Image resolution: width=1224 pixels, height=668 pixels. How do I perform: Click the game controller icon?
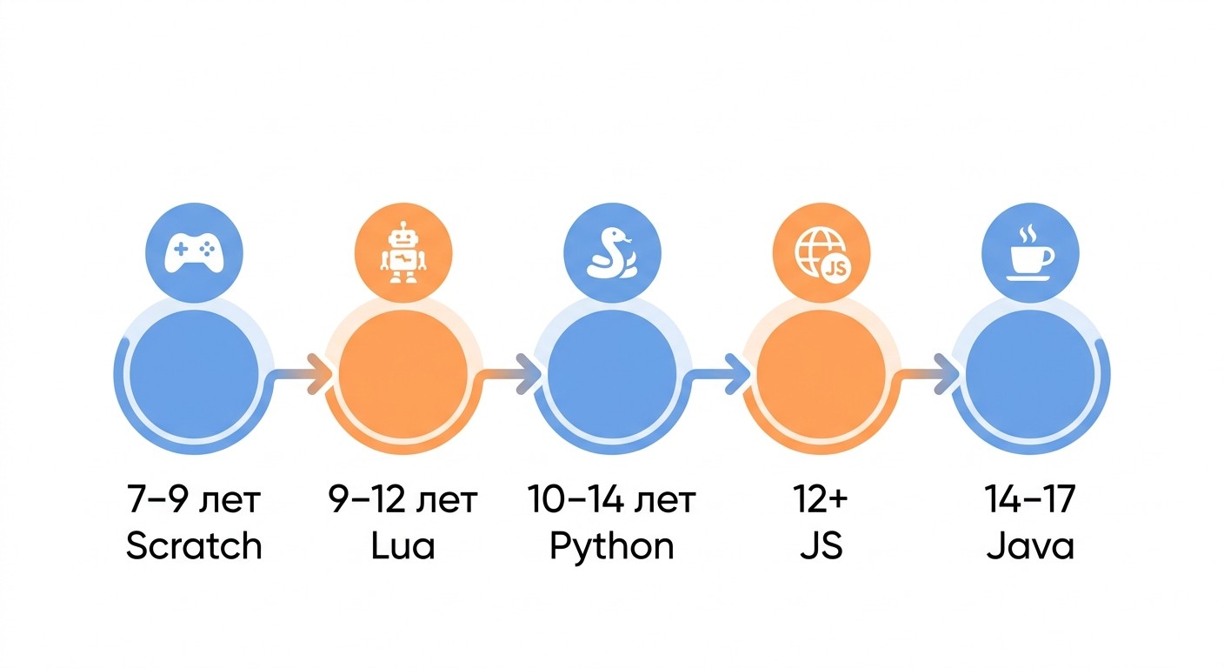pos(194,253)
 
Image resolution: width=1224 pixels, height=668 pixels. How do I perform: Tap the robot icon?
pos(403,252)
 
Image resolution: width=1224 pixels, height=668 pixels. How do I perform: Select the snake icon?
pos(611,252)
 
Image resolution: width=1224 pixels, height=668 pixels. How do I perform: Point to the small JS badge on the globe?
pos(835,269)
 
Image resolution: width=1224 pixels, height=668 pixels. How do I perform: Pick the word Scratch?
pos(194,545)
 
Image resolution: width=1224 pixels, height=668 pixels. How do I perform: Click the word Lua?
pos(403,545)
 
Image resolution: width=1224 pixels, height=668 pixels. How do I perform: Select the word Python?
pos(611,546)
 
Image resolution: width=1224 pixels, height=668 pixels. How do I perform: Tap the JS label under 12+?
pos(822,545)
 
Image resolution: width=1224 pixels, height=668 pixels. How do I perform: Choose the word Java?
pos(1030,545)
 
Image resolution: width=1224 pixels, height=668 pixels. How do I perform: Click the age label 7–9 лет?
pos(194,499)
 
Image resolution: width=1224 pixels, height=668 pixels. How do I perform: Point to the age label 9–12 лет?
pos(403,499)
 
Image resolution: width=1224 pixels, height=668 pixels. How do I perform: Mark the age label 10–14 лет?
pos(611,499)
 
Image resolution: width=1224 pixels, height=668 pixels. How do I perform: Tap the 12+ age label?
pos(822,499)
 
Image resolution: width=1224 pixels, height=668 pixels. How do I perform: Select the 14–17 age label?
pos(1030,499)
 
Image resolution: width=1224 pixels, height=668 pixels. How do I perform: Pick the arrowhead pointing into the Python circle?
pos(529,374)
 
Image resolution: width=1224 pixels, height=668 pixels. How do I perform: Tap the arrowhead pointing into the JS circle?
pos(738,374)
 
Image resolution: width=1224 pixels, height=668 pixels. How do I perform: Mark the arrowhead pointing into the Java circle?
pos(947,374)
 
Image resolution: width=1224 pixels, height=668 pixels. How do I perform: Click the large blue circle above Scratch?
pos(194,375)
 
